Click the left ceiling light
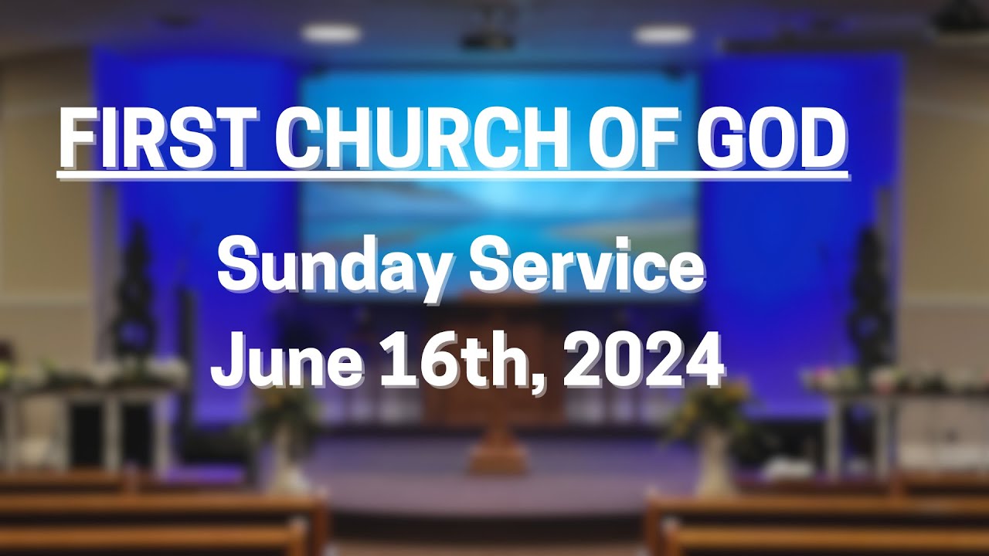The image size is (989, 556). pyautogui.click(x=331, y=33)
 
